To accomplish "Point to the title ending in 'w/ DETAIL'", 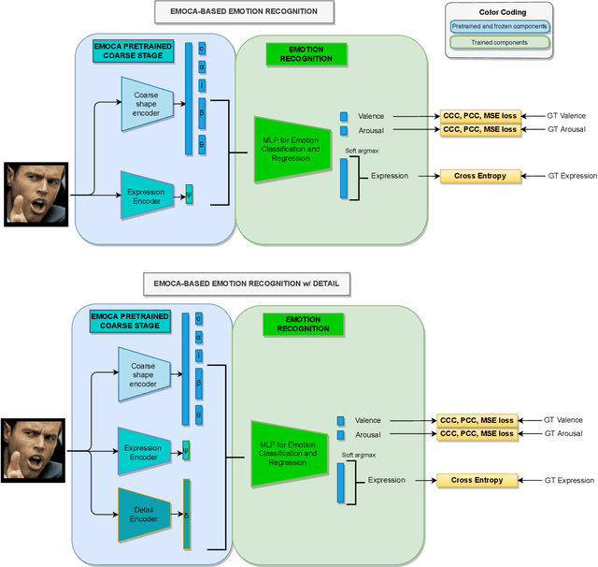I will point(248,282).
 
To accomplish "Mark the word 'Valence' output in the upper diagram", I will point(371,116).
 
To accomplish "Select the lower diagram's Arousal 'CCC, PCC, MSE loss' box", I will point(476,434).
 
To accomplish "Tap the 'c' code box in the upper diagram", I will point(201,48).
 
